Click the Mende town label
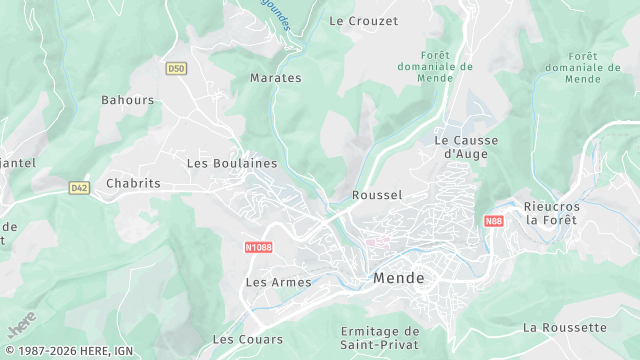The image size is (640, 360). click(x=399, y=278)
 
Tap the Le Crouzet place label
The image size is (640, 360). click(x=363, y=20)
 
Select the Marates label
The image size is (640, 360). click(x=275, y=77)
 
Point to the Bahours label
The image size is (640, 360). click(x=128, y=100)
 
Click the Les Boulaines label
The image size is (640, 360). click(x=232, y=162)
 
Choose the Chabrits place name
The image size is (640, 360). click(x=133, y=183)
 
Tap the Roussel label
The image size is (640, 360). click(x=377, y=195)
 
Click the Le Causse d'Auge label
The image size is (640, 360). click(x=465, y=147)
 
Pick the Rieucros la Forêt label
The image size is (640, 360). click(x=552, y=213)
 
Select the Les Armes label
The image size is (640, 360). click(x=279, y=282)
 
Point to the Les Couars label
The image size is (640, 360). click(x=247, y=339)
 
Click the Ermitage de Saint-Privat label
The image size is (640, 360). click(x=380, y=337)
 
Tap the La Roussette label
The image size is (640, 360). click(x=564, y=327)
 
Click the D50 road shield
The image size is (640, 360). click(x=176, y=68)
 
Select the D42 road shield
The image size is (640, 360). click(x=79, y=187)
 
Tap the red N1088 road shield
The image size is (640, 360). click(x=258, y=247)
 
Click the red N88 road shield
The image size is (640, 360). click(x=493, y=221)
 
